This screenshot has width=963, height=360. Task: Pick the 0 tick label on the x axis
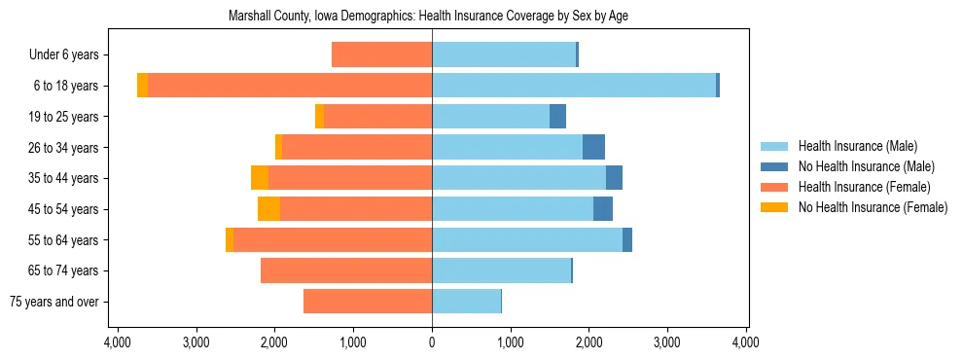tap(432, 342)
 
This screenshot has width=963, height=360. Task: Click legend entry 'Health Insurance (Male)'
tap(857, 146)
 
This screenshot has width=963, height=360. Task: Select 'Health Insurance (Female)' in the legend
tap(864, 187)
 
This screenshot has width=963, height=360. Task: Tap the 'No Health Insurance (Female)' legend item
tap(873, 207)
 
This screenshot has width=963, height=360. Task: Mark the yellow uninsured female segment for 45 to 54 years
tap(268, 209)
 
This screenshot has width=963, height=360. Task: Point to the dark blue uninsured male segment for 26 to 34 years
tap(593, 147)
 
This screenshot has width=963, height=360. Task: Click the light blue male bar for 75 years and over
tap(466, 302)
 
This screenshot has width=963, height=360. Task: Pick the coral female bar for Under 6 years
tap(381, 54)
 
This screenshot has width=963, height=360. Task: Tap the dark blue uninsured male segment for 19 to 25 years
tap(557, 117)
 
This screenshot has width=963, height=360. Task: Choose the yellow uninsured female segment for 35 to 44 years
tap(260, 178)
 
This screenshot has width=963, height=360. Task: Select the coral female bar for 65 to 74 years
tap(346, 270)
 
